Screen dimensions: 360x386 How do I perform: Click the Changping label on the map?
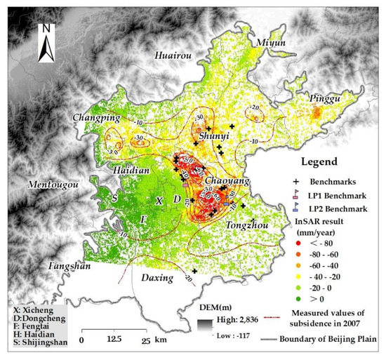[x=93, y=118]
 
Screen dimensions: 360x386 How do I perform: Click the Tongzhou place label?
[x=247, y=225]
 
